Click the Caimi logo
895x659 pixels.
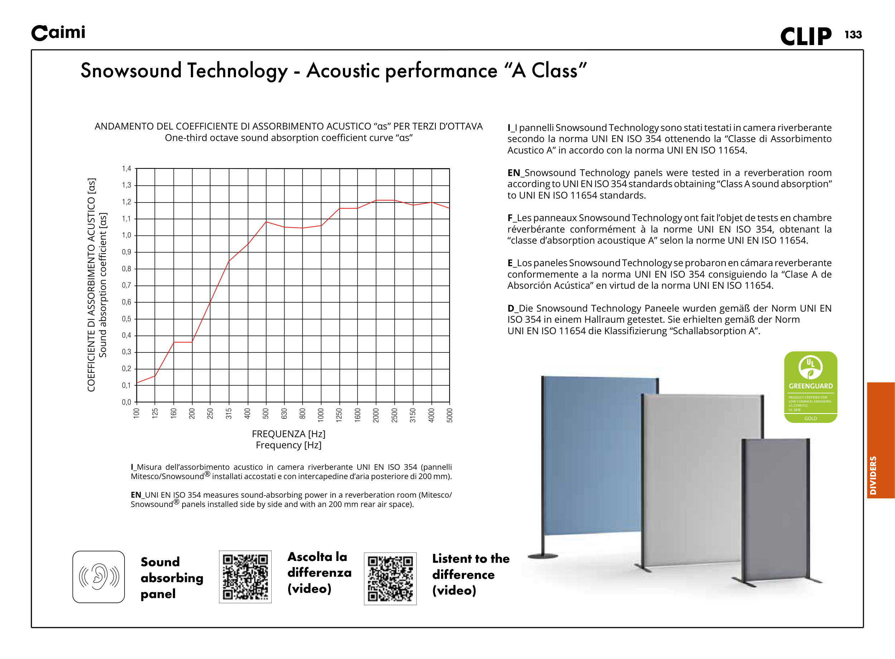coord(58,33)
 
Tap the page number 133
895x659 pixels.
coord(853,35)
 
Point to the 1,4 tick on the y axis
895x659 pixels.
coord(126,169)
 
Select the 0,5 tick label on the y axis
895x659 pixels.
coord(126,319)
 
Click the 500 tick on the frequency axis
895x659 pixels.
coord(266,413)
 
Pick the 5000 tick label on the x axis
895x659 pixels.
coord(450,415)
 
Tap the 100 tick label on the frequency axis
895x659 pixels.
coord(136,413)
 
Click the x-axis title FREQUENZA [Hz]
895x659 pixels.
coord(289,434)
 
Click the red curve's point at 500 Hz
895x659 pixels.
coord(266,222)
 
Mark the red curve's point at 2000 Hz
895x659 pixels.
coord(376,200)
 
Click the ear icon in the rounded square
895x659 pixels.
coord(98,576)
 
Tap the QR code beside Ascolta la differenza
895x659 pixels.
coord(245,576)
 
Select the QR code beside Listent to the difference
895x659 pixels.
coord(390,579)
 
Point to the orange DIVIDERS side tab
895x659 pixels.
coord(880,440)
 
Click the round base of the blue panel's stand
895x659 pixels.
coord(543,556)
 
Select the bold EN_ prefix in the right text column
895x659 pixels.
coord(515,173)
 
